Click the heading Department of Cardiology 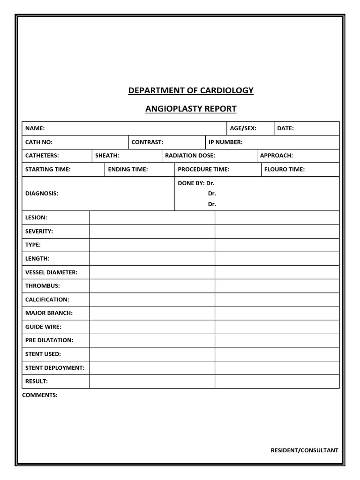point(191,90)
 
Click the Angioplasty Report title point(191,109)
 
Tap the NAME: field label point(35,128)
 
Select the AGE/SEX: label point(243,128)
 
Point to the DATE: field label point(285,128)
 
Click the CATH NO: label point(39,142)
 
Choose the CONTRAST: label point(147,142)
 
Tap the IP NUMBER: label point(225,142)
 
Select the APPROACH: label point(277,156)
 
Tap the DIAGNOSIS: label point(42,193)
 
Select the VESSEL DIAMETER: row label point(52,272)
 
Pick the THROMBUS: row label point(43,286)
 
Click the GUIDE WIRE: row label point(43,327)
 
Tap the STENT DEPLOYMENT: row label point(55,368)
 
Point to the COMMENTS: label point(40,395)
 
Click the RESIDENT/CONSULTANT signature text point(304,450)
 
